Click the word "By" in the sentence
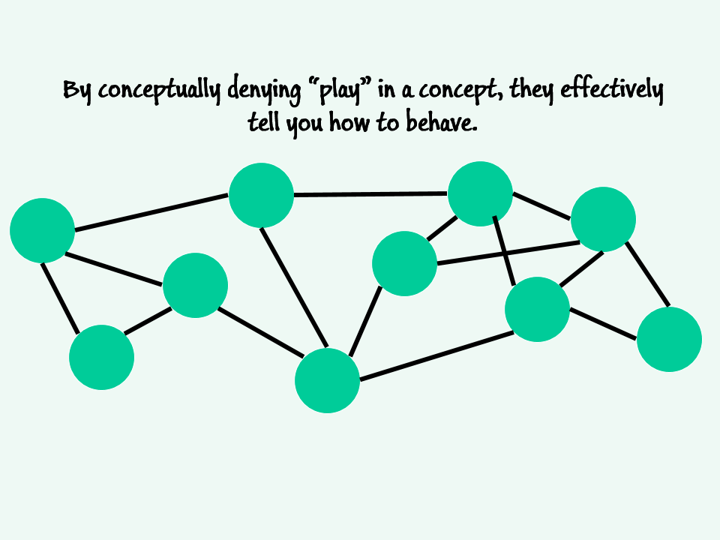(76, 91)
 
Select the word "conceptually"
(159, 90)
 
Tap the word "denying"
(263, 90)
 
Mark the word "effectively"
(612, 90)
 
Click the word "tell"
(263, 122)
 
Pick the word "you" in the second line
(304, 125)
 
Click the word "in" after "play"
(386, 90)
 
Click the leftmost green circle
(42, 230)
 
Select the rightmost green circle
(669, 339)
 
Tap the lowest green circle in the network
(327, 380)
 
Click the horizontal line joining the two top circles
(370, 195)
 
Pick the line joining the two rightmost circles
(647, 274)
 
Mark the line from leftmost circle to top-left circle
(151, 212)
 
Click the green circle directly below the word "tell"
(261, 195)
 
